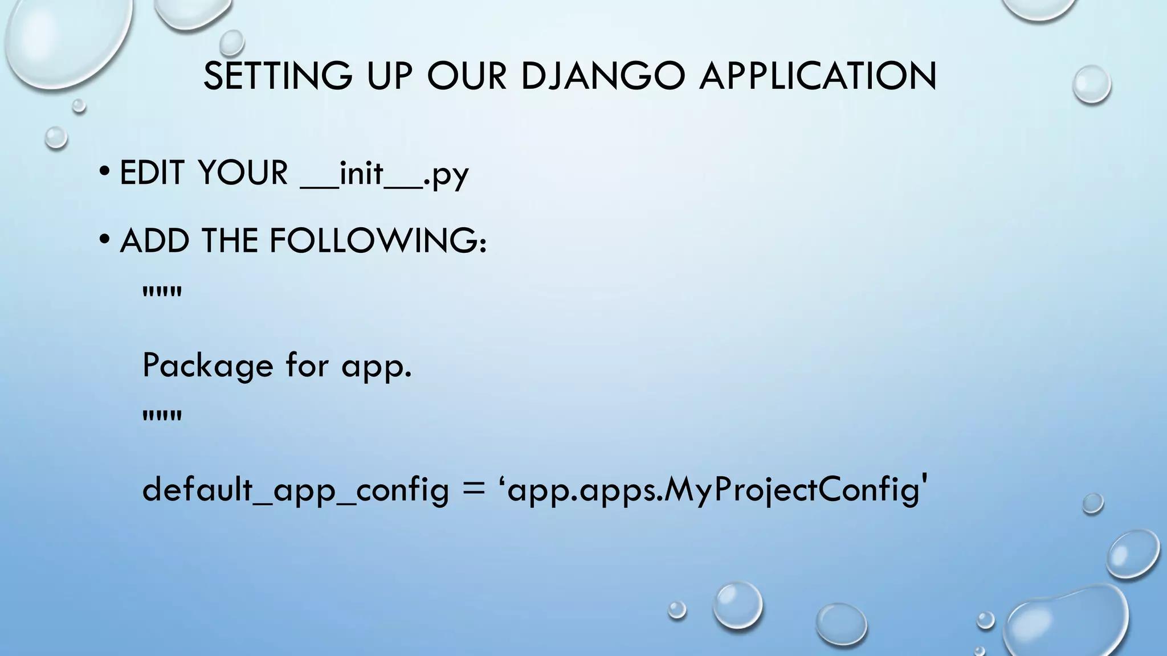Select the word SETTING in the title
click(278, 76)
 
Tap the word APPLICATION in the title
click(818, 76)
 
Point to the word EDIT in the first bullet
click(152, 173)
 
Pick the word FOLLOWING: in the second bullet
click(378, 241)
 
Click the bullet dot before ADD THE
click(104, 240)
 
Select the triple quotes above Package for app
click(162, 293)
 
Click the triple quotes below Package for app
click(162, 416)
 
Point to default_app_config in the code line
click(295, 490)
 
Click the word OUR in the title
click(467, 76)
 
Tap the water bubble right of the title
click(1091, 84)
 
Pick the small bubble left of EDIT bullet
click(56, 137)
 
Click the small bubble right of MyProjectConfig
click(1092, 503)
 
